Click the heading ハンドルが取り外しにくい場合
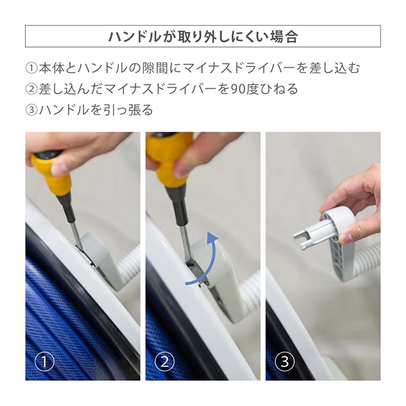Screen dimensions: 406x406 click(203, 37)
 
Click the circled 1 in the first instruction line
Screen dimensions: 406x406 click(32, 68)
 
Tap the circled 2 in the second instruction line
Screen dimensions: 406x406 click(32, 89)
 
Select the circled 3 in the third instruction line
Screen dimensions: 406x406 click(32, 110)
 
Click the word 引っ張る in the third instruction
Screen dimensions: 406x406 click(126, 110)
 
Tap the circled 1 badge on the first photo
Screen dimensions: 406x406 click(45, 361)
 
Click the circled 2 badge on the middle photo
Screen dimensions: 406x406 click(165, 361)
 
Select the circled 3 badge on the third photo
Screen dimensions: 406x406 click(285, 361)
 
